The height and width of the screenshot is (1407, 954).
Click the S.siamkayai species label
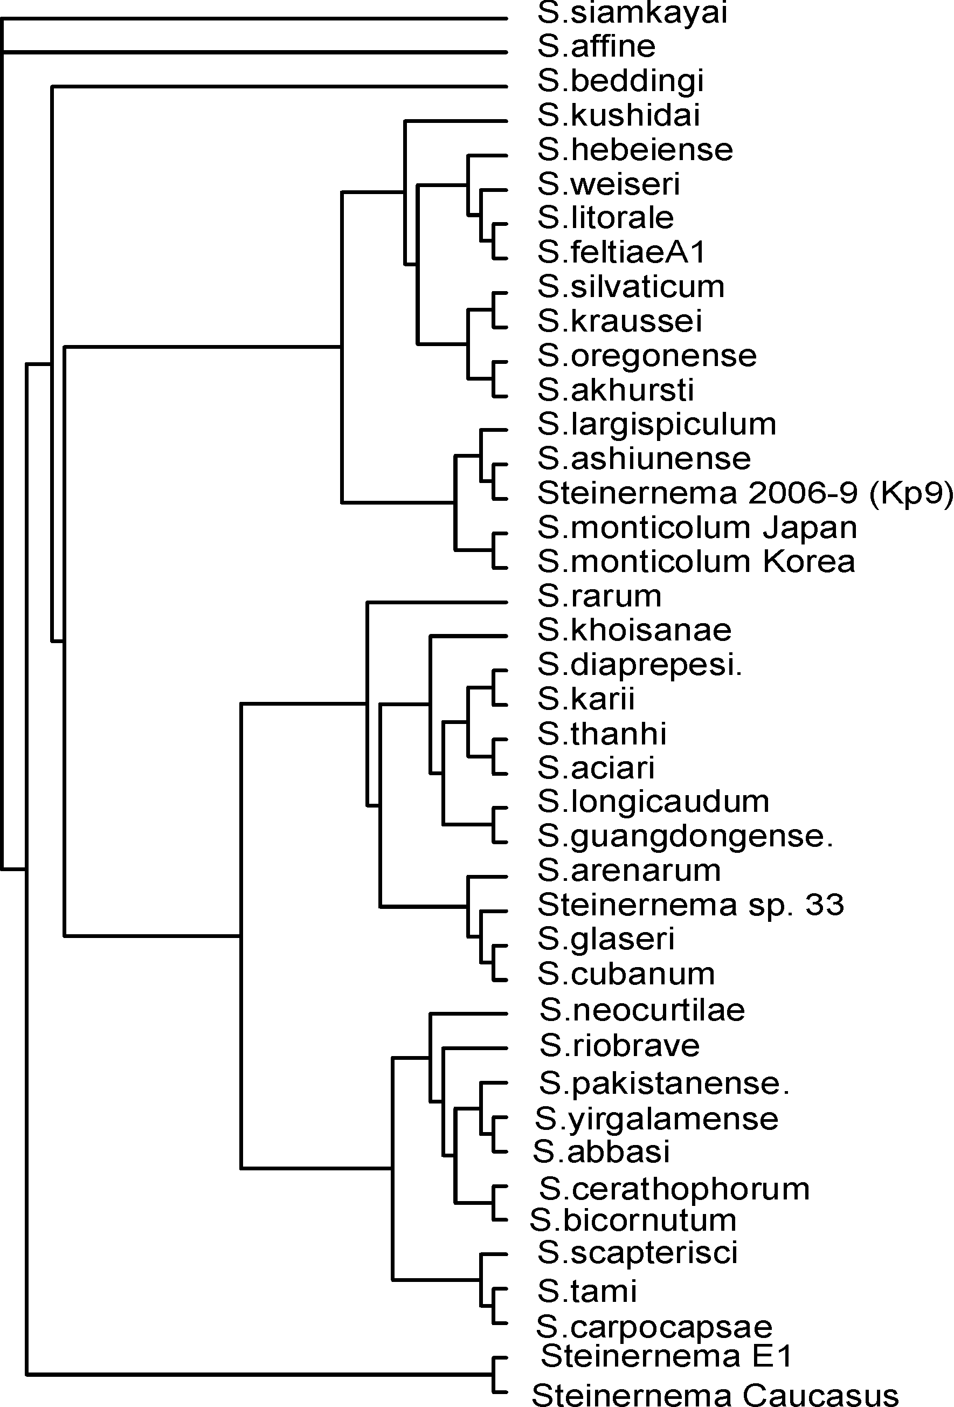632,13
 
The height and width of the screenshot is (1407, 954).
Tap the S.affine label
596,46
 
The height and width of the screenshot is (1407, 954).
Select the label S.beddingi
620,81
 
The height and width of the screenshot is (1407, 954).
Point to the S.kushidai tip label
619,115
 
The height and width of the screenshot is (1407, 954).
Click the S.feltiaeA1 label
621,252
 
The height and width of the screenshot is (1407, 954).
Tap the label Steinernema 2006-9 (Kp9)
745,493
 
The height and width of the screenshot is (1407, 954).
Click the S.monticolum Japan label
697,528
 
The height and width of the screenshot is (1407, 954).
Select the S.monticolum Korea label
696,562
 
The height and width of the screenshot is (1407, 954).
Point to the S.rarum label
599,596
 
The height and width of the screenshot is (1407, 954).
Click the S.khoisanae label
634,630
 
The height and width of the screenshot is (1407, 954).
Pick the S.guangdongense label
685,837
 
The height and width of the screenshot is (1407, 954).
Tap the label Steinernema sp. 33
690,905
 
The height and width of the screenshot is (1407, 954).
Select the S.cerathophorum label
674,1189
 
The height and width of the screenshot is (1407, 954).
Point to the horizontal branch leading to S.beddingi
280,87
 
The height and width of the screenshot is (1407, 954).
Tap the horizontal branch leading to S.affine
255,53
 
